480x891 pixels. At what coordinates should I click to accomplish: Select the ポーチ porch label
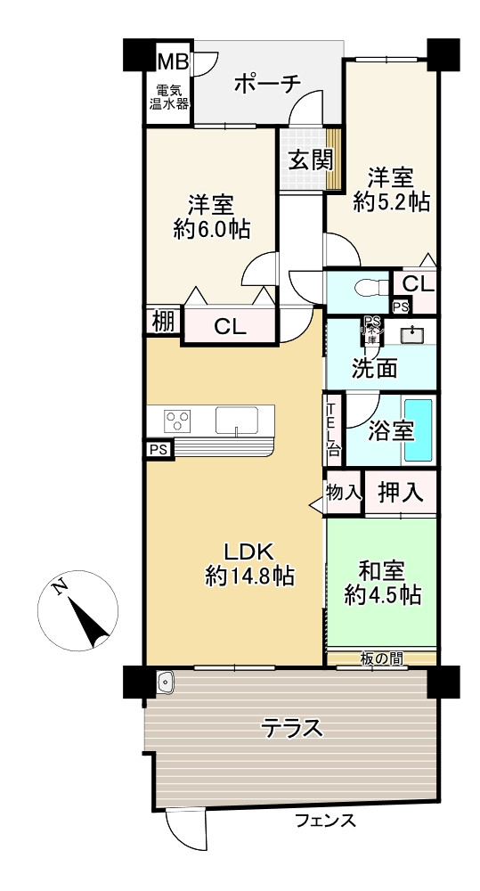(x=267, y=84)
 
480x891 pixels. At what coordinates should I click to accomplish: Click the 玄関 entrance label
(x=310, y=160)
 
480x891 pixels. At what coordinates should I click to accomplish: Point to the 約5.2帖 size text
(x=391, y=202)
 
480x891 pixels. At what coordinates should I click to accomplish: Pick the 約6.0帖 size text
(x=211, y=229)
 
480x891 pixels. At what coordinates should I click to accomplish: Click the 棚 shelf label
(x=163, y=323)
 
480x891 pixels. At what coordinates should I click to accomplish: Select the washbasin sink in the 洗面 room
(x=412, y=335)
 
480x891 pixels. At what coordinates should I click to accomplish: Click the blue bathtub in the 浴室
(x=417, y=430)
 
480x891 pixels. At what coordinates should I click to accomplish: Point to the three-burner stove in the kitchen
(x=178, y=418)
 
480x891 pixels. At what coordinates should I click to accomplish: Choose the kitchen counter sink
(x=236, y=419)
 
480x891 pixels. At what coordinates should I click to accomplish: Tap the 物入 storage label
(x=344, y=492)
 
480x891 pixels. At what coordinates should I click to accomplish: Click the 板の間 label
(x=381, y=658)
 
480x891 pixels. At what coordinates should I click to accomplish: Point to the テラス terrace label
(x=291, y=728)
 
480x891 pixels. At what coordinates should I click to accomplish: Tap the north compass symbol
(x=80, y=611)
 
